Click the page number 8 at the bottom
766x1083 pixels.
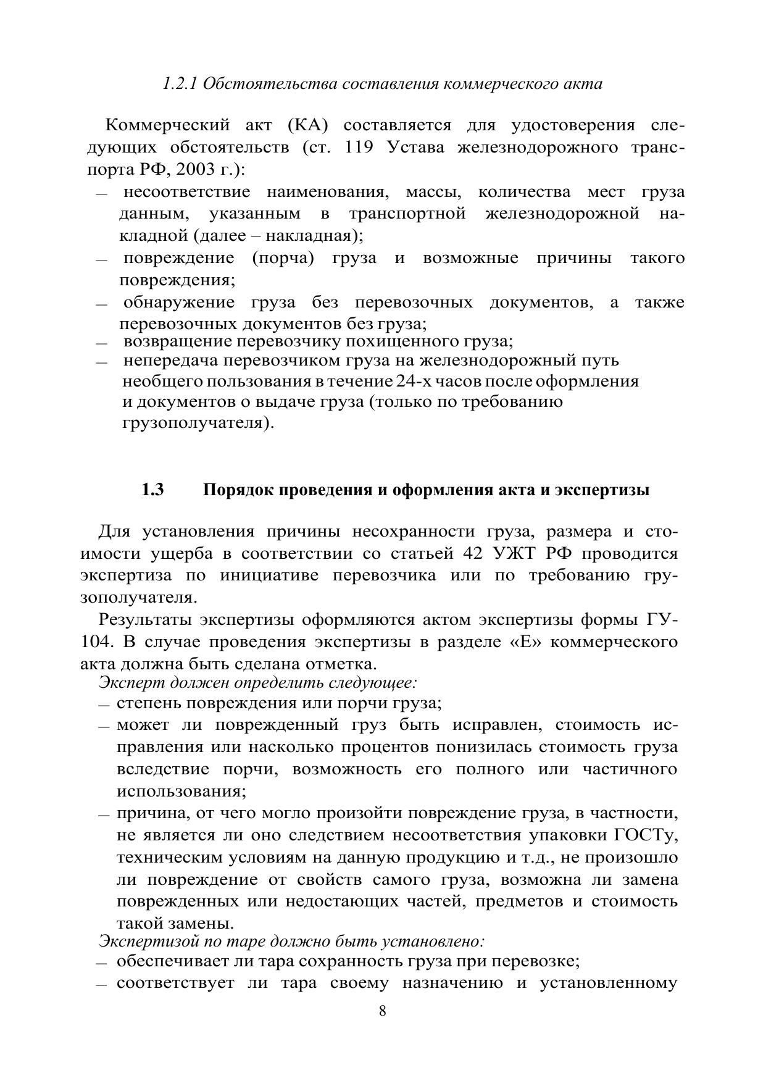pos(383,1011)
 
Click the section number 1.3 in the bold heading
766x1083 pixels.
pos(152,490)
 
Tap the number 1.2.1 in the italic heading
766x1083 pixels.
pos(179,84)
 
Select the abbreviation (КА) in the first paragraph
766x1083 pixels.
pos(308,125)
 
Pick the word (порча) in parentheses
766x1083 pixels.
pos(283,257)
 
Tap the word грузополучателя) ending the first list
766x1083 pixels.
pos(198,424)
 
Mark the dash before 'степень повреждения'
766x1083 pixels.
pos(103,706)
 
